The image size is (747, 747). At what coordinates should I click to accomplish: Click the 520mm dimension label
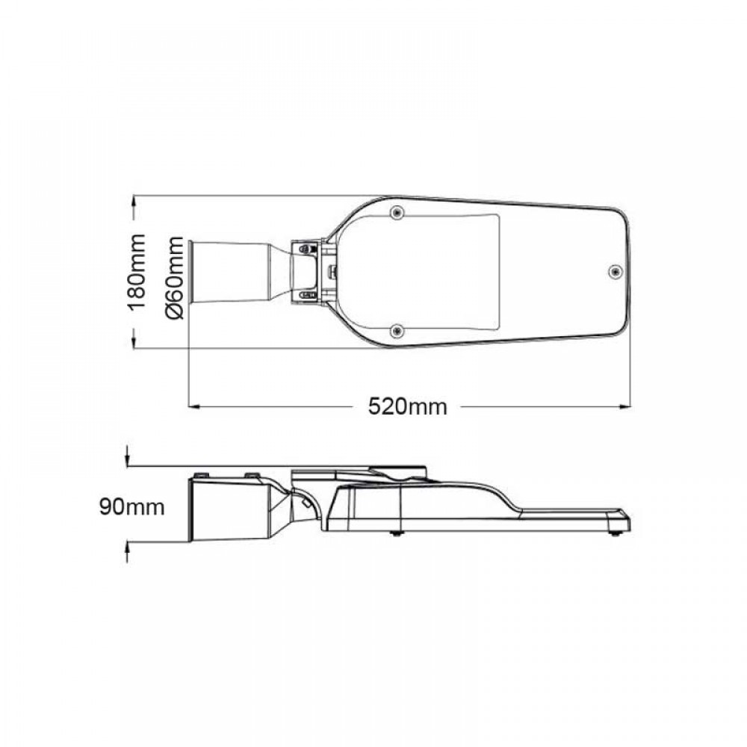tap(407, 407)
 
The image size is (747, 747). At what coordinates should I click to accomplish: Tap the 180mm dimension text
tap(137, 272)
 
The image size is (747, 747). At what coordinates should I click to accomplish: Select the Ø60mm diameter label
tap(174, 277)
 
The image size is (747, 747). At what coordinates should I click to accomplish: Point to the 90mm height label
tap(132, 507)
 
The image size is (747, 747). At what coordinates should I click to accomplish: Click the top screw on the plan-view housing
tap(397, 212)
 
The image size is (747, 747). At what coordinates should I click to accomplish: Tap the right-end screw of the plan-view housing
tap(616, 272)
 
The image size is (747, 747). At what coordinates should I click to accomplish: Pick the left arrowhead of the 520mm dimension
tap(194, 407)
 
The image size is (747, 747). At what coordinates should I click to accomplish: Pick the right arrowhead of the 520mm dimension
tap(625, 407)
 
